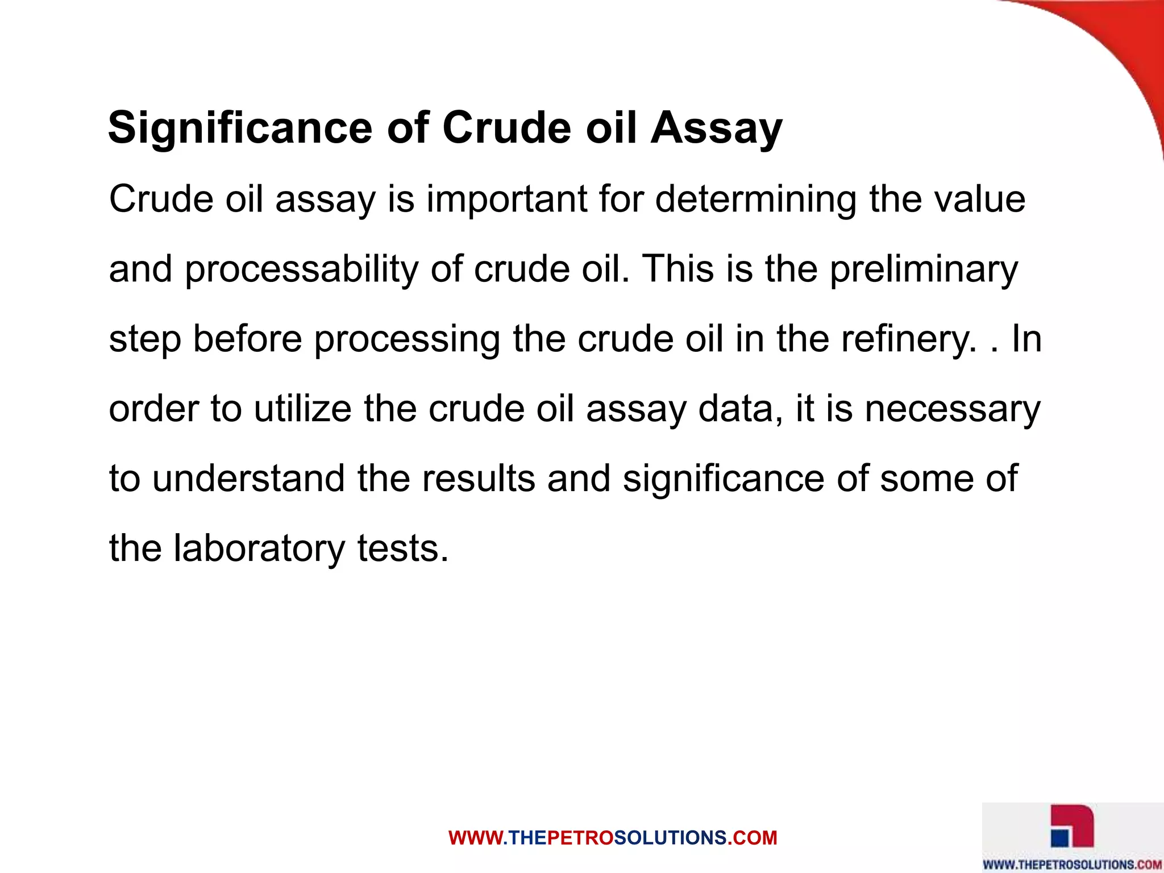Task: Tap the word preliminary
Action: [x=923, y=269]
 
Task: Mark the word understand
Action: [x=248, y=478]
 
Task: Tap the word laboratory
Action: [x=259, y=548]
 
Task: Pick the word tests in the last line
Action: [x=402, y=548]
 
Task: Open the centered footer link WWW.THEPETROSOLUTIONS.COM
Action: [x=612, y=838]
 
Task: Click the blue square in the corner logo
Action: [x=1059, y=837]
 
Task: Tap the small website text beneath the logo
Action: [x=1072, y=864]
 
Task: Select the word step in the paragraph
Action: [x=145, y=339]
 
